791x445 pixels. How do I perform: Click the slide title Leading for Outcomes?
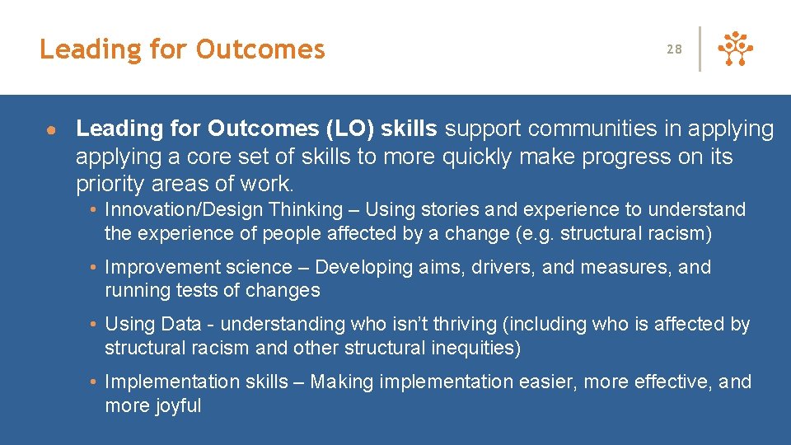coord(182,49)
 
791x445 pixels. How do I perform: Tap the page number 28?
coord(674,49)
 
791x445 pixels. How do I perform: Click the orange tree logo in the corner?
coord(736,49)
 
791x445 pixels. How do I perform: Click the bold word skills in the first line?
coord(411,129)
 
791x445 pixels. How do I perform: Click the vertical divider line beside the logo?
coord(700,49)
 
